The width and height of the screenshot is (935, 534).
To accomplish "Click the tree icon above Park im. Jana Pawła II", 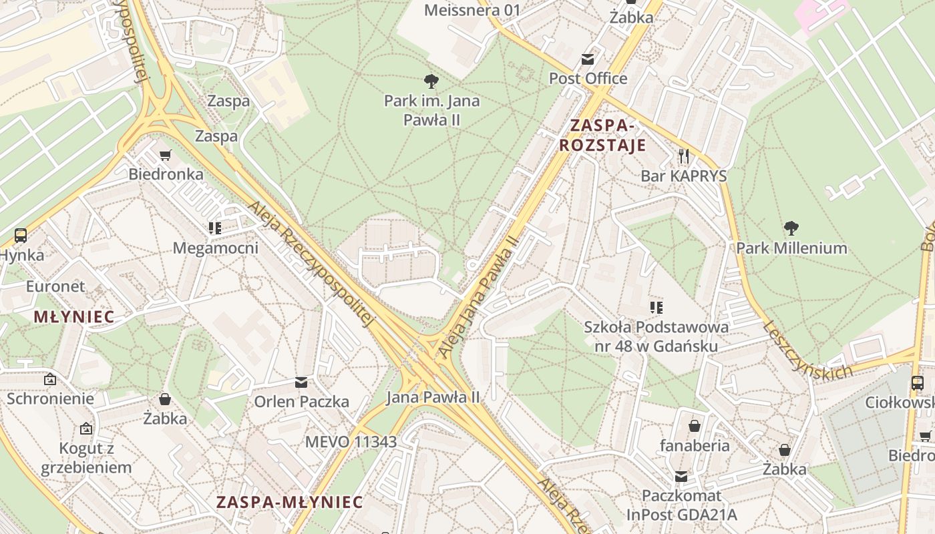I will [x=431, y=81].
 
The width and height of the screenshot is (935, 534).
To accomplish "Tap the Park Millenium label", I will [x=791, y=248].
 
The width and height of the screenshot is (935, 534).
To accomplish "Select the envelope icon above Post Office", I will [x=588, y=59].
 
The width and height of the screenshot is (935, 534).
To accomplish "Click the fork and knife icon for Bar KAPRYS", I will [x=683, y=156].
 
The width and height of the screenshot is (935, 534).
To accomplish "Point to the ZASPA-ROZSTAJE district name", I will [x=602, y=135].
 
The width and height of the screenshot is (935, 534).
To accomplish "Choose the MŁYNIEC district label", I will [x=74, y=317].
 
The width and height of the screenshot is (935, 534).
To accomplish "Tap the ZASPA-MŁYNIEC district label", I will [x=289, y=502].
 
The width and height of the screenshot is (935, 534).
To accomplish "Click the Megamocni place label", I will [x=215, y=248].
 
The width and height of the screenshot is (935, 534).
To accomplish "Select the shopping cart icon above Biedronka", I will [x=166, y=156].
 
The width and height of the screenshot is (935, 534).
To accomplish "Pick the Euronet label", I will [x=55, y=286].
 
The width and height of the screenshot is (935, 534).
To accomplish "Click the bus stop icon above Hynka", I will [x=21, y=235].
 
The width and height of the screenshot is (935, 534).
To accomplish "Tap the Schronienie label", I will [x=50, y=398].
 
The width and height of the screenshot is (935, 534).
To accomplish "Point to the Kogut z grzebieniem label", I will [x=86, y=457].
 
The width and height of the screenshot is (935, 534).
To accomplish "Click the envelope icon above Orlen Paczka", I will [x=301, y=382].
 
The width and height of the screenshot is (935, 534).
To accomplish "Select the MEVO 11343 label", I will [x=351, y=442].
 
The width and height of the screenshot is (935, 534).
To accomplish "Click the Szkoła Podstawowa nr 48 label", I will [x=656, y=336].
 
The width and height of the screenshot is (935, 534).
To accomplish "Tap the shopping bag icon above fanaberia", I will [x=695, y=426].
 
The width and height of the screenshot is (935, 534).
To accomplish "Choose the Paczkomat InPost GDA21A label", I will [x=681, y=505].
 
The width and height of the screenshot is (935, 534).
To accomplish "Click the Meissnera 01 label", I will [x=472, y=10].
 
